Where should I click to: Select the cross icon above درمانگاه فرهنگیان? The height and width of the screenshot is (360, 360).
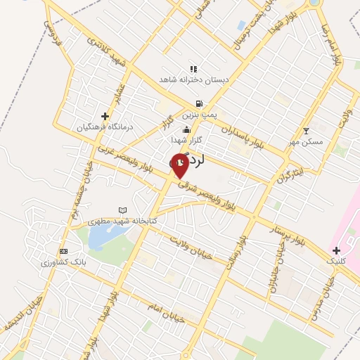[105, 116]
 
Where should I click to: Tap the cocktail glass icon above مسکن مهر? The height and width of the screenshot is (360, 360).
[306, 130]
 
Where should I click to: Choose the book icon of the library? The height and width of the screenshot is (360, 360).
[123, 210]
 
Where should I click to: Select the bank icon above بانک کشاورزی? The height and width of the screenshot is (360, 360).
[63, 251]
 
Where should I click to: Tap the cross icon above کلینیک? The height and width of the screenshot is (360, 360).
[336, 250]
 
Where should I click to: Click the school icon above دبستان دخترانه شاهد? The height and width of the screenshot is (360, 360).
[193, 69]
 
